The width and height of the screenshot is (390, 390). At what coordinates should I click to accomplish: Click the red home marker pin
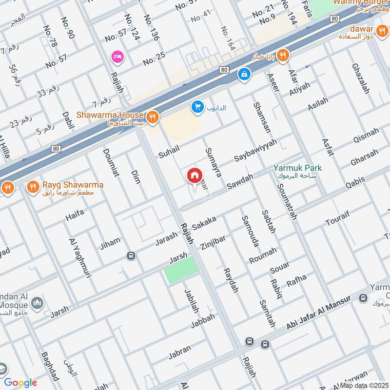[194, 176]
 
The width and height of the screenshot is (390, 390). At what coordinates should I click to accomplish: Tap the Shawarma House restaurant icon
[153, 116]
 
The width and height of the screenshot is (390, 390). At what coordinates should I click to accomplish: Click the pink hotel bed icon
[117, 57]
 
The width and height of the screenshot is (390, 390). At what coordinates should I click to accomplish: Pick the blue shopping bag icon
[243, 75]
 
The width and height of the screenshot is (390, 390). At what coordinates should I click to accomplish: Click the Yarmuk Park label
[297, 168]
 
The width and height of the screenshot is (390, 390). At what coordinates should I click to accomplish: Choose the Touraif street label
[337, 220]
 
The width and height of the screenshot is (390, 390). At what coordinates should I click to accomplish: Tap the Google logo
[20, 383]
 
